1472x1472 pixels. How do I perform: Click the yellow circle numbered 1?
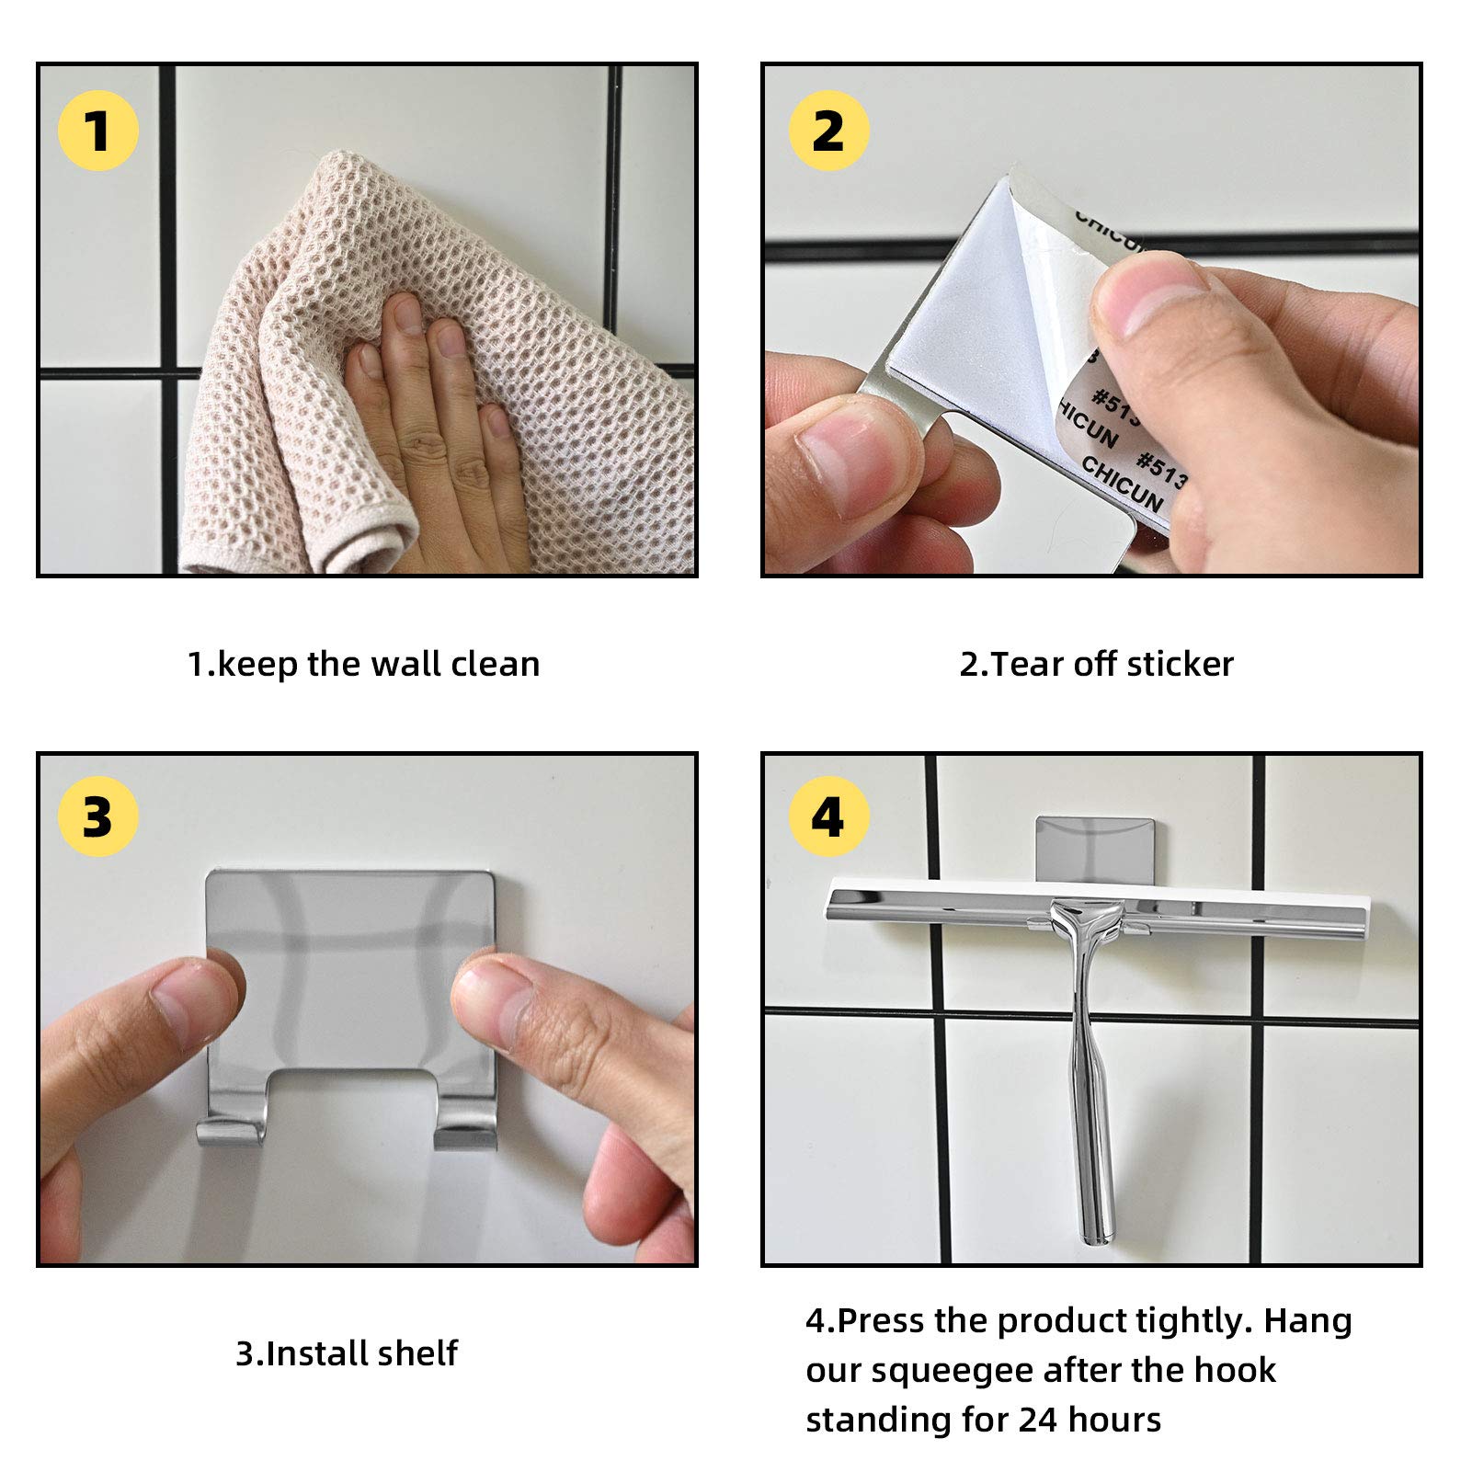[x=97, y=131]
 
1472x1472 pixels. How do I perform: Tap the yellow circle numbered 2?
[x=828, y=131]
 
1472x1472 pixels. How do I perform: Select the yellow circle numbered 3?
[x=97, y=816]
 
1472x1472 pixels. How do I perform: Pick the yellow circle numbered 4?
[x=828, y=816]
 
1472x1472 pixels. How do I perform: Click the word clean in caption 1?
[x=495, y=664]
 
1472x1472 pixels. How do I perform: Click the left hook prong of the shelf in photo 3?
[x=231, y=1130]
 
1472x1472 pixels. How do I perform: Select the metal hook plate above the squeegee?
[x=1093, y=847]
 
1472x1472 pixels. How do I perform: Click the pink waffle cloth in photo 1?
[x=432, y=368]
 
